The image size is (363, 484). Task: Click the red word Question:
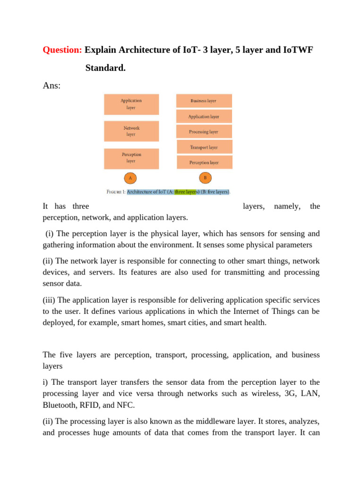click(62, 50)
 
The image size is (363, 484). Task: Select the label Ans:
click(52, 86)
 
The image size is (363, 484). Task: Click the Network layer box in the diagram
click(131, 131)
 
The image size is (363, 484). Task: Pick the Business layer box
click(204, 101)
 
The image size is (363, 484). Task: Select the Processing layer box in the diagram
click(204, 131)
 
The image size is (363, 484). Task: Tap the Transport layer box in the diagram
click(204, 147)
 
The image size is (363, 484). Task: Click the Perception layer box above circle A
click(131, 158)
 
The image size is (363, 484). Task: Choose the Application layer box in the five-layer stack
click(204, 116)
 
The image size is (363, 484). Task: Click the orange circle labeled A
click(130, 178)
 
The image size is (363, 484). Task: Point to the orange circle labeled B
click(205, 178)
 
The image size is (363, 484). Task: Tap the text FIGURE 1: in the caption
click(116, 192)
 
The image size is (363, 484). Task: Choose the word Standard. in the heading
click(105, 68)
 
